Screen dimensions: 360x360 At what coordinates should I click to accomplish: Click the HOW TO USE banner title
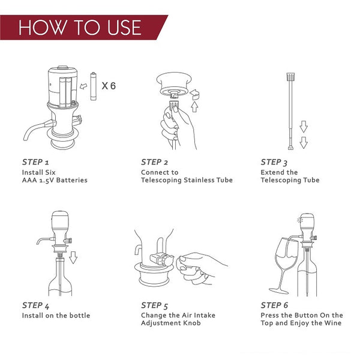[80, 28]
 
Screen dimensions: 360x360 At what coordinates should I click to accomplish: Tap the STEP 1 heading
[35, 162]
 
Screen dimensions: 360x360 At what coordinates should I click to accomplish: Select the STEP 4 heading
[35, 306]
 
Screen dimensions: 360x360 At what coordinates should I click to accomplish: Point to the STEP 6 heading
[274, 305]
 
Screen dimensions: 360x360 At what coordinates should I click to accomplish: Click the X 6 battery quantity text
[109, 86]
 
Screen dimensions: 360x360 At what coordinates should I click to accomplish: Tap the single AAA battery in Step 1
[93, 86]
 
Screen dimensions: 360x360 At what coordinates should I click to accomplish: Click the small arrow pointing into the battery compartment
[83, 86]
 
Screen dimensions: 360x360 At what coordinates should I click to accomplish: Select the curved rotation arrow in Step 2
[194, 95]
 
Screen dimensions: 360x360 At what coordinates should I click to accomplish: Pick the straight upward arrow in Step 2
[194, 107]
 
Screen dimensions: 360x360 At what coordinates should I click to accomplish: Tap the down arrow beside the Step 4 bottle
[73, 257]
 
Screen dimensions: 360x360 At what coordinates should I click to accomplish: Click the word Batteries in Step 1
[72, 180]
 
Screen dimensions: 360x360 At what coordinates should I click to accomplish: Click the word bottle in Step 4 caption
[80, 316]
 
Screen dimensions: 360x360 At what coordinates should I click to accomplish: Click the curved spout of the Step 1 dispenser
[34, 129]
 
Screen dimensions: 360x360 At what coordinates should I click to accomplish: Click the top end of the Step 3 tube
[290, 73]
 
